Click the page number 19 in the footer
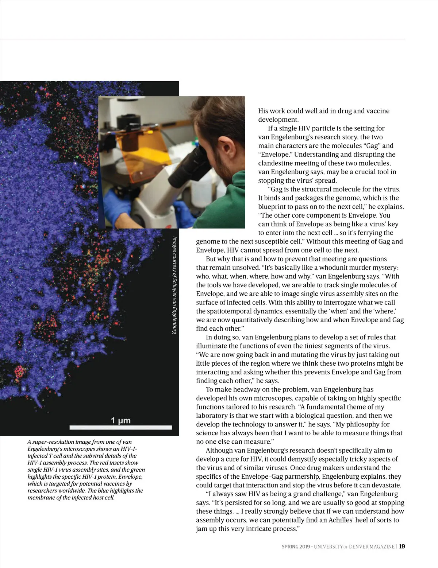[402, 546]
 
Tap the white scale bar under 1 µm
[120, 427]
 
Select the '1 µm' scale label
[120, 420]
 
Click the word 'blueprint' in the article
[273, 207]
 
